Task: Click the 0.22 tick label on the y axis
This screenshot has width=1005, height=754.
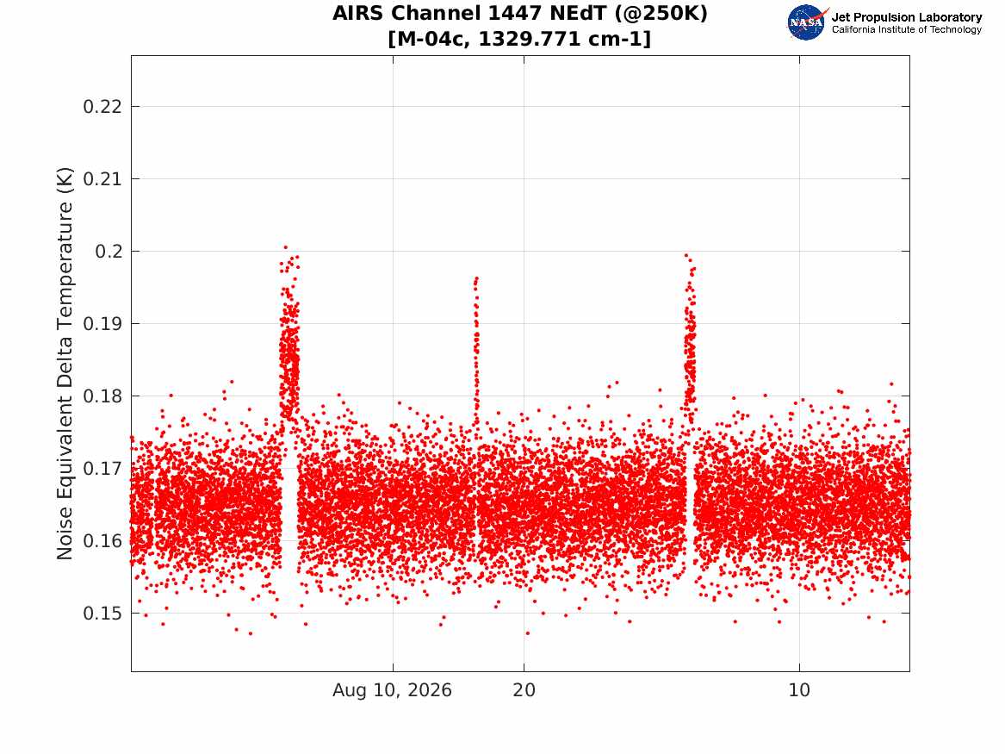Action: pyautogui.click(x=102, y=107)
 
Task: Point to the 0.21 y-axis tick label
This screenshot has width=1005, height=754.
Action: pyautogui.click(x=102, y=179)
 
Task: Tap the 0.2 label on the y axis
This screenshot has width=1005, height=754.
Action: pyautogui.click(x=109, y=252)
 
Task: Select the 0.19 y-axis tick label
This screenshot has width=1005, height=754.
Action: pyautogui.click(x=102, y=324)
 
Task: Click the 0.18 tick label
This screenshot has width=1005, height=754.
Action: pyautogui.click(x=102, y=396)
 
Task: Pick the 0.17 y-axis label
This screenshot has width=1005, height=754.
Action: pyautogui.click(x=102, y=469)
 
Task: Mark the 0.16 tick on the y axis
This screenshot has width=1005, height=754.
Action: pyautogui.click(x=102, y=541)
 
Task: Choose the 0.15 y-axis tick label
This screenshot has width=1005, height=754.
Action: pyautogui.click(x=102, y=614)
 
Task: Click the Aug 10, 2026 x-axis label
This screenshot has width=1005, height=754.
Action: pyautogui.click(x=392, y=690)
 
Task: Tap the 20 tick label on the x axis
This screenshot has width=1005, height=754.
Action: pyautogui.click(x=524, y=690)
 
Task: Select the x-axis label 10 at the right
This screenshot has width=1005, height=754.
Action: pyautogui.click(x=799, y=690)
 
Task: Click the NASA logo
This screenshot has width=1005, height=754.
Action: pyautogui.click(x=807, y=22)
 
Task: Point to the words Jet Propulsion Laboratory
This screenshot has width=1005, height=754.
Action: pyautogui.click(x=907, y=17)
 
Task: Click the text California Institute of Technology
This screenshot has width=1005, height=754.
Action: pyautogui.click(x=907, y=29)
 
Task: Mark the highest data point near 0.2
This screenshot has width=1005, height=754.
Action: pyautogui.click(x=285, y=246)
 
